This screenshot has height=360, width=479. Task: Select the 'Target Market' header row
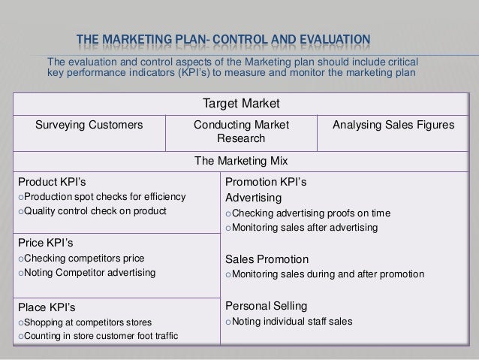click(x=239, y=102)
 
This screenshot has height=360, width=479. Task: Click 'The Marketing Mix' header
click(x=239, y=161)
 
